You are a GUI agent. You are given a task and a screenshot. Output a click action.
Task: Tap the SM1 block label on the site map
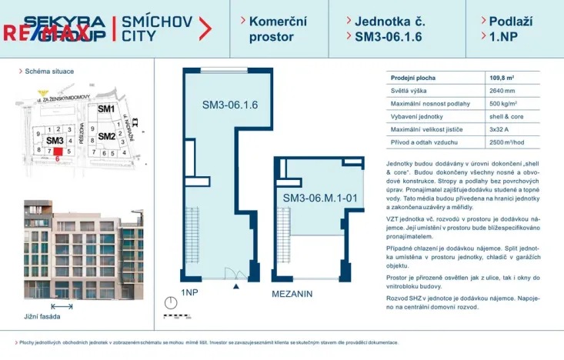(105, 109)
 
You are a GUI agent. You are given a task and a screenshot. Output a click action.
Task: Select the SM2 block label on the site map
(106, 137)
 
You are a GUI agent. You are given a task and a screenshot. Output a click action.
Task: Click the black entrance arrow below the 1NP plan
(236, 285)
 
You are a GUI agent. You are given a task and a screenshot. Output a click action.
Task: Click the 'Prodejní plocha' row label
(413, 78)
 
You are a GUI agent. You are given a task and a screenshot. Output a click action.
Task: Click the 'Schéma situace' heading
(49, 71)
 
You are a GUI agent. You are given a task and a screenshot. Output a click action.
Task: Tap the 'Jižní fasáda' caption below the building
(43, 315)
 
